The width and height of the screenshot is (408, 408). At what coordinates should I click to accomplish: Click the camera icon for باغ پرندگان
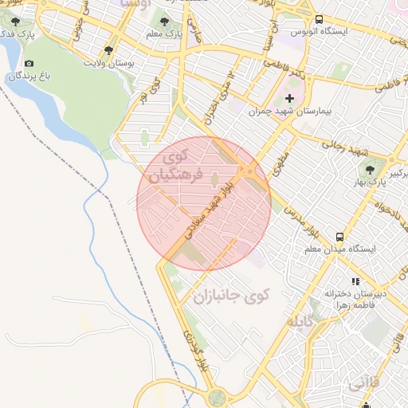tap(29, 63)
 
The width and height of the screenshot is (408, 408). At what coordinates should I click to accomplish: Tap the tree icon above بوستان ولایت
tap(108, 50)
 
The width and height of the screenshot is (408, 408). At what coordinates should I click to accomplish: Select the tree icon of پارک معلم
tap(164, 22)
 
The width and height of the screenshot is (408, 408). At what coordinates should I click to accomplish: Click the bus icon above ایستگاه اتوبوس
tap(319, 19)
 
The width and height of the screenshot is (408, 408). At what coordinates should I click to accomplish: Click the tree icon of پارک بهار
tap(369, 170)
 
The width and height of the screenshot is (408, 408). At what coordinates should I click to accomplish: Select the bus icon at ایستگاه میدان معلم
tap(340, 237)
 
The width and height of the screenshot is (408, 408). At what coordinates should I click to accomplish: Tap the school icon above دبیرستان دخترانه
tap(355, 281)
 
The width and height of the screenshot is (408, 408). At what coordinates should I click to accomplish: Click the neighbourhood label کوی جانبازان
tap(232, 296)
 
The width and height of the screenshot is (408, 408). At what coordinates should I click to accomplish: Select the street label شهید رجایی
tap(342, 147)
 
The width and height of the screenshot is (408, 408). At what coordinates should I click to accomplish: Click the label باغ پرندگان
tap(29, 76)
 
